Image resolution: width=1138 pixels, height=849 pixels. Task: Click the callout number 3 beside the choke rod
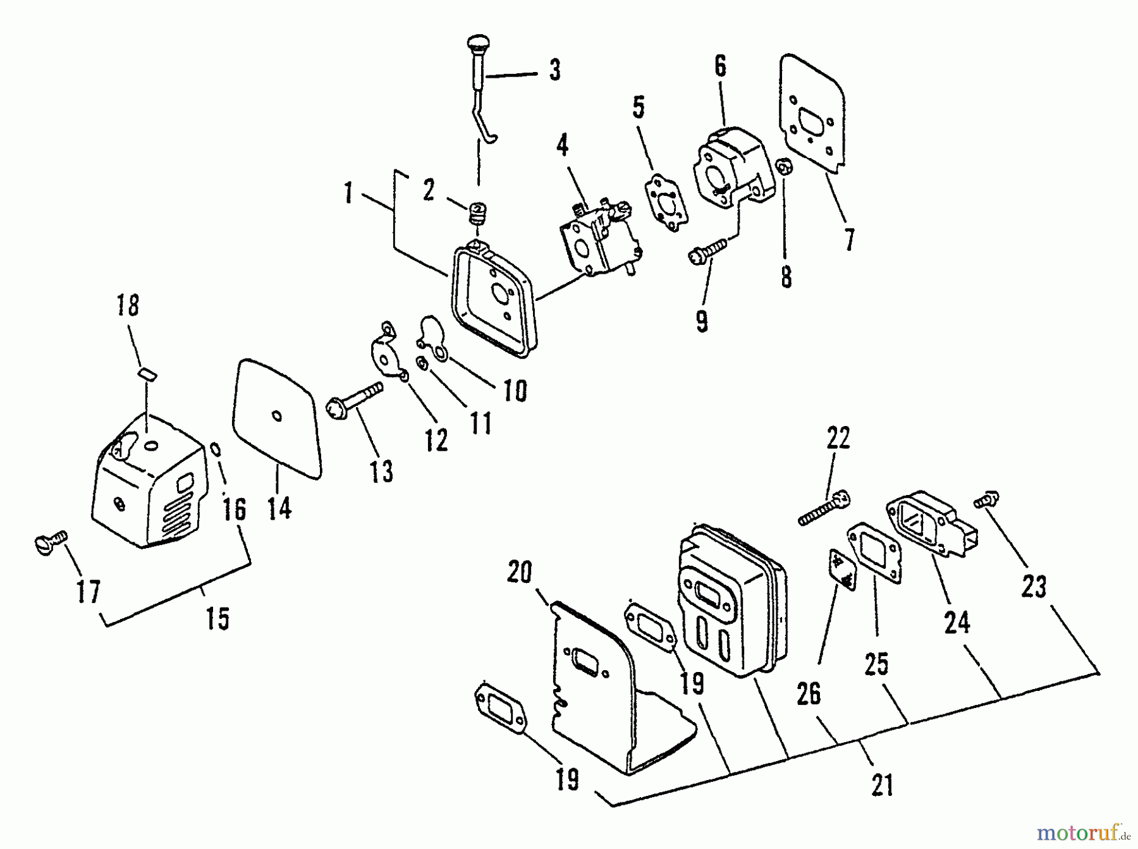(x=554, y=70)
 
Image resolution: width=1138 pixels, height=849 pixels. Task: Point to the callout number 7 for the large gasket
(x=848, y=240)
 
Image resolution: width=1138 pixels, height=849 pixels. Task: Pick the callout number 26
(x=809, y=693)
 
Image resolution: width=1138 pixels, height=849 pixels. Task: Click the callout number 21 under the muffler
(x=883, y=785)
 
